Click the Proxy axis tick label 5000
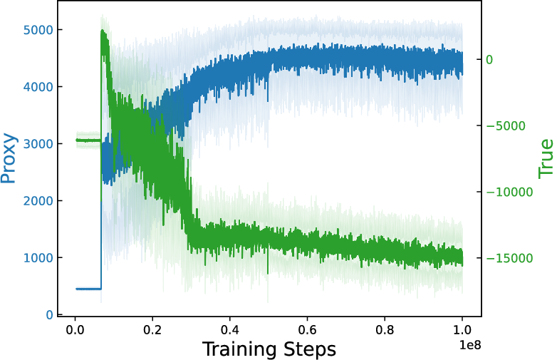[x=38, y=30]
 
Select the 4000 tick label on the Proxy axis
[x=38, y=87]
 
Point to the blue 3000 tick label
[x=38, y=144]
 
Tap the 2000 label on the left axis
[x=38, y=201]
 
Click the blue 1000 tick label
[x=38, y=257]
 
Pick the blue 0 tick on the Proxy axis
[x=49, y=315]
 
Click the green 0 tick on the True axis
[x=489, y=60]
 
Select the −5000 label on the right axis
[x=505, y=125]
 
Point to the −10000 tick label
[x=509, y=192]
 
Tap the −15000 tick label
[x=509, y=258]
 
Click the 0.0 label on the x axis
[x=75, y=330]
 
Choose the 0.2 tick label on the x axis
[x=152, y=330]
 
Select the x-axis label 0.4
[x=230, y=330]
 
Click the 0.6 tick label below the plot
[x=307, y=330]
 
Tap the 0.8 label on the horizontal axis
[x=385, y=330]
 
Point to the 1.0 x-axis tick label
[x=462, y=330]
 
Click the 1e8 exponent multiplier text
[x=470, y=345]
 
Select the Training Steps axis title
[x=269, y=349]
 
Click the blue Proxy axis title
[x=9, y=158]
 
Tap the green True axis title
[x=546, y=159]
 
